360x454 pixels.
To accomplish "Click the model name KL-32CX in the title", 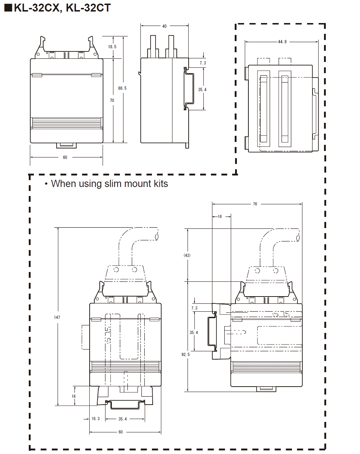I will coord(37,8).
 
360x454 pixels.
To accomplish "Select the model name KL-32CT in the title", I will coord(88,8).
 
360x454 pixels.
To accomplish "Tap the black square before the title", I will coord(8,8).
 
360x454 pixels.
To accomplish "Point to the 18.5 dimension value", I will coord(112,47).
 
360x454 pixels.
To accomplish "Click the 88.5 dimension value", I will coord(122,88).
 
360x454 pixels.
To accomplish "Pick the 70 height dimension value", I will coord(112,101).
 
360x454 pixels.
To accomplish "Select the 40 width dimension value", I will coord(165,26).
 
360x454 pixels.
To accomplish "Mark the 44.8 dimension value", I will coord(282,42).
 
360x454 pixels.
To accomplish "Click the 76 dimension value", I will coord(255,204).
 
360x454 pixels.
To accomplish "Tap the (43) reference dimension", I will coord(187,255).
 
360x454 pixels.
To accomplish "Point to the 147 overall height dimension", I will coord(57,317).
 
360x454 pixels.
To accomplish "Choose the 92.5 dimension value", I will coord(185,355).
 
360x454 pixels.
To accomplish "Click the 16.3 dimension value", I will coord(95,419).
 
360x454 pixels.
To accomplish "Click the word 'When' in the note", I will coord(63,184).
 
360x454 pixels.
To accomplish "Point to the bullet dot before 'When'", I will coord(46,184).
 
